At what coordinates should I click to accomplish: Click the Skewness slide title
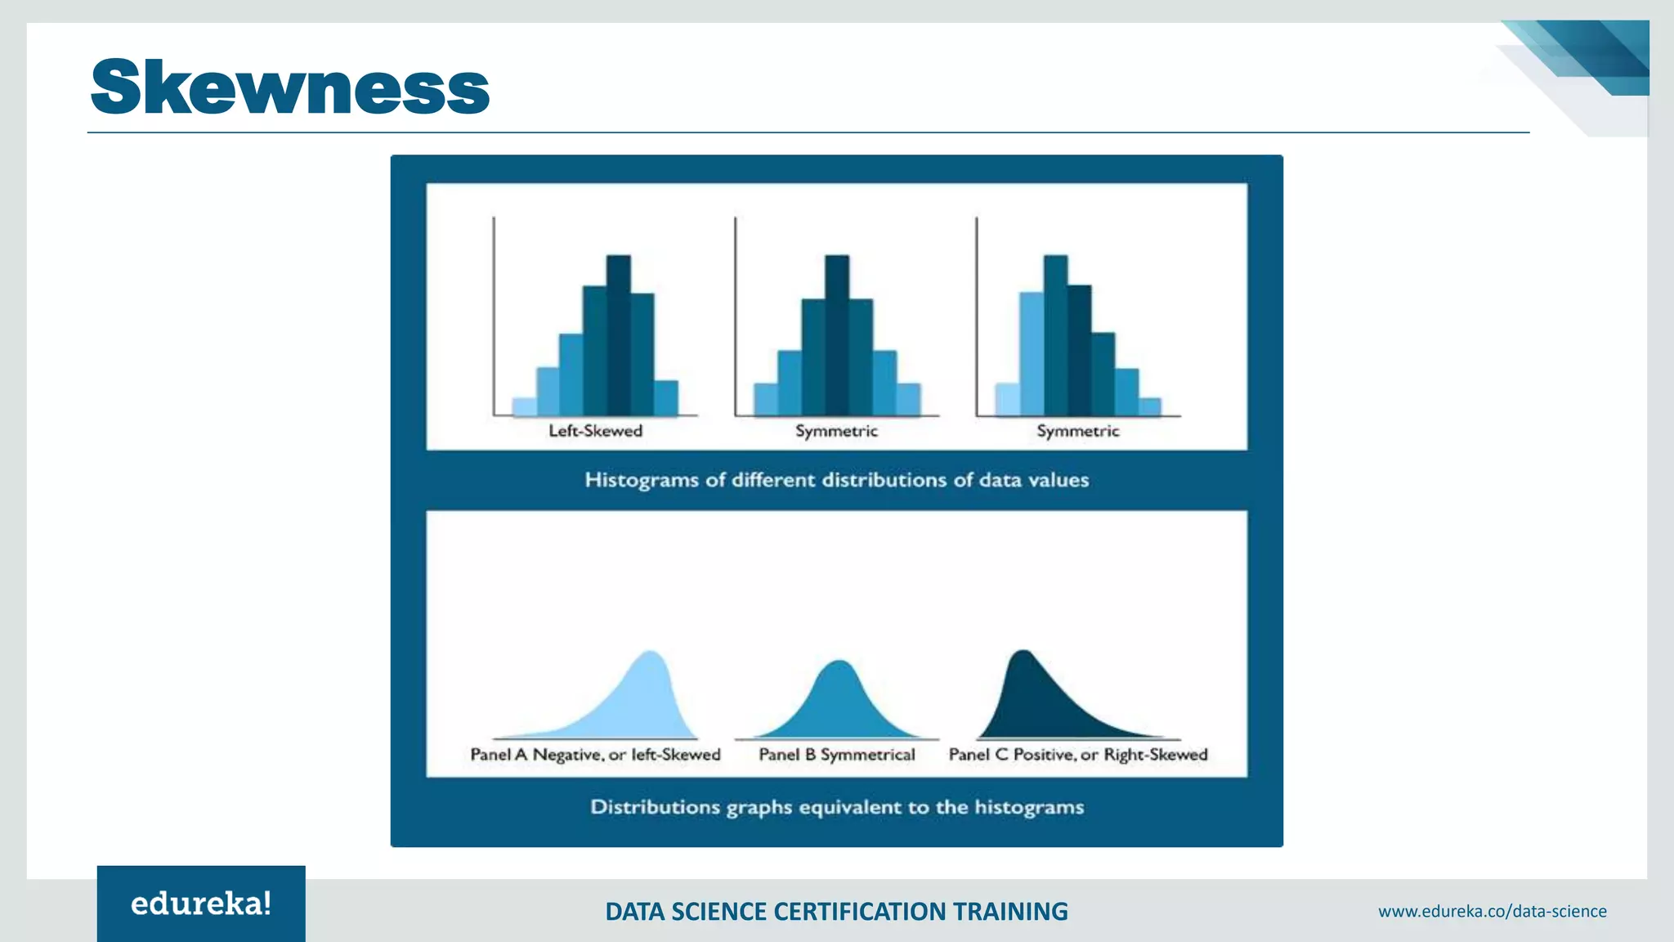click(290, 87)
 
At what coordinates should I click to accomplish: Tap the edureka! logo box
click(201, 904)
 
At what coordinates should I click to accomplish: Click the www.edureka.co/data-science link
click(1492, 911)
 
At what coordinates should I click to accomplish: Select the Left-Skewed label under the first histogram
click(595, 431)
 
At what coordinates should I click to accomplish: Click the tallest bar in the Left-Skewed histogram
click(619, 335)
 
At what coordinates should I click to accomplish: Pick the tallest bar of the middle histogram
click(837, 335)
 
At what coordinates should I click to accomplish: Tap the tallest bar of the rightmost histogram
click(1055, 335)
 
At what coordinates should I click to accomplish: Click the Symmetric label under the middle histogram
click(836, 431)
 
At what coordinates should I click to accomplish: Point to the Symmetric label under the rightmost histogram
click(1077, 431)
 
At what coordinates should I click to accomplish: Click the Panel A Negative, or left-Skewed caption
click(595, 755)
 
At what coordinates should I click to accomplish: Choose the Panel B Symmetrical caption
click(837, 755)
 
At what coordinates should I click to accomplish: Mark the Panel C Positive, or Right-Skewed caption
click(1077, 755)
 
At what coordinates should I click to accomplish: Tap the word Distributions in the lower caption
click(656, 807)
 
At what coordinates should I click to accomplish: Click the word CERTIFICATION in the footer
click(860, 911)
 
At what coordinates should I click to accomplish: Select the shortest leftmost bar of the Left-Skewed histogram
click(524, 407)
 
